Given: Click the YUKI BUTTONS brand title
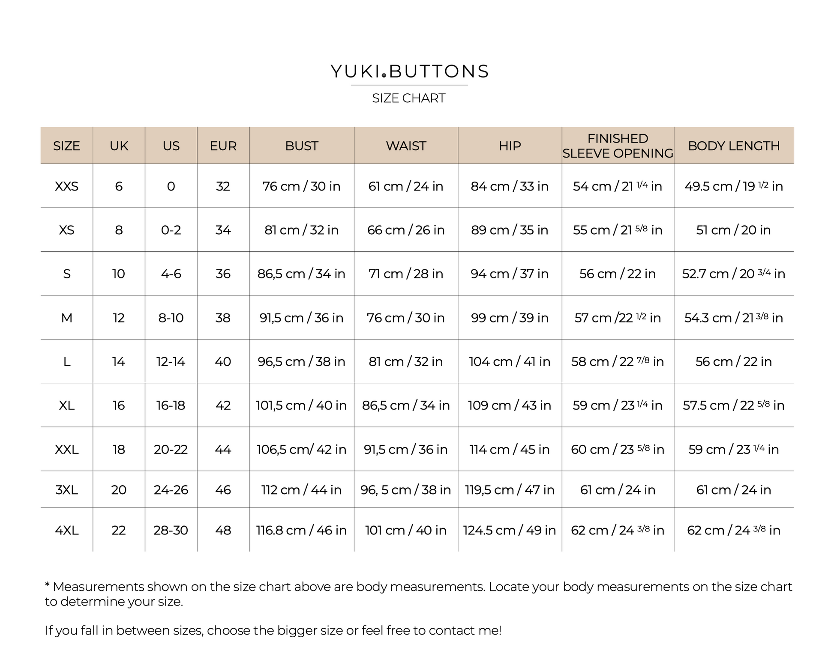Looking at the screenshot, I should click(409, 72).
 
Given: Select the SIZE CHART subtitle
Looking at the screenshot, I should click(408, 98).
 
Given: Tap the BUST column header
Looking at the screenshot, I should click(301, 146).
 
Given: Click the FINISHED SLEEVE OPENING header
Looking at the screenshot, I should click(618, 146).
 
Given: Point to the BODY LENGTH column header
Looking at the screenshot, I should click(733, 146).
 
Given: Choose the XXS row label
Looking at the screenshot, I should click(66, 186).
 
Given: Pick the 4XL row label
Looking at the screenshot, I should click(66, 531).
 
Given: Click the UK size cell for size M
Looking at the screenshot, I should click(119, 318).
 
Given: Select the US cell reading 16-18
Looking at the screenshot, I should click(171, 406).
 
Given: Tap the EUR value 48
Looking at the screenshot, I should click(223, 531).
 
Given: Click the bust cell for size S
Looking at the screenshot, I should click(301, 274).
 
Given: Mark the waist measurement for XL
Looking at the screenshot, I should click(405, 406).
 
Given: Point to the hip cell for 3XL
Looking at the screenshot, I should click(510, 490).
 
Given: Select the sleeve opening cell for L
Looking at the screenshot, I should click(617, 362).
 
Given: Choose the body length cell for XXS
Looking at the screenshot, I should click(733, 186).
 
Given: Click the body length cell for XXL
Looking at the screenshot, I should click(733, 450).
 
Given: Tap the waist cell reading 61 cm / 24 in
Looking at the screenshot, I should click(405, 186).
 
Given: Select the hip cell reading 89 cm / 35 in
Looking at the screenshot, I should click(510, 230).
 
